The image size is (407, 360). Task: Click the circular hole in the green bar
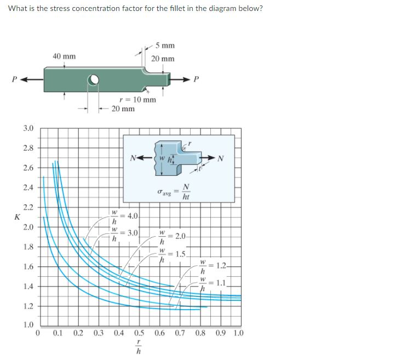(x=94, y=81)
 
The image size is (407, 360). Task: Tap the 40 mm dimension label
(x=64, y=56)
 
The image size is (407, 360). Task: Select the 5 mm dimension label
(x=164, y=45)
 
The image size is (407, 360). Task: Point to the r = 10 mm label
(x=137, y=100)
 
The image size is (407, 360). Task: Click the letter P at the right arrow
(x=197, y=78)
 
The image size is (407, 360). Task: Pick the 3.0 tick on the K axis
(x=28, y=128)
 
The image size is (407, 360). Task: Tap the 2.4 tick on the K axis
(x=28, y=187)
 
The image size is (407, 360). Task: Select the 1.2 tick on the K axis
(x=28, y=306)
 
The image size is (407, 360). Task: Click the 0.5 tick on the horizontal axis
(x=139, y=333)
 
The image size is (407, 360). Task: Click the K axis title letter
(x=17, y=217)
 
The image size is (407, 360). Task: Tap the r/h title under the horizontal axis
(x=139, y=347)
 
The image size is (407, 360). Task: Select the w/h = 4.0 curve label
(x=126, y=216)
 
